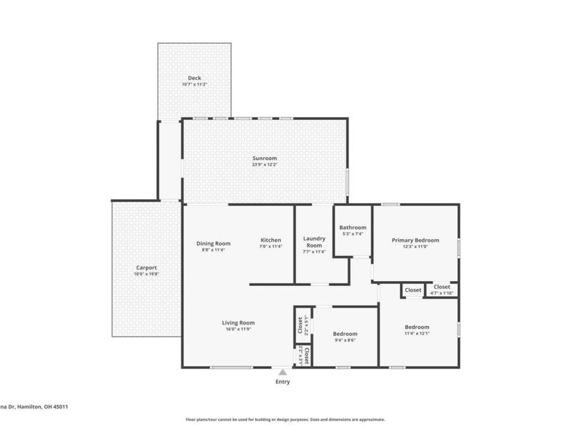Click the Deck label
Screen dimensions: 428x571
pos(194,78)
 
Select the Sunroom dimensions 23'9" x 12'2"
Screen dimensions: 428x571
pos(264,165)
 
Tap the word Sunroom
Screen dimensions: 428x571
pos(264,158)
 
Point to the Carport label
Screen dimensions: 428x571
pos(146,267)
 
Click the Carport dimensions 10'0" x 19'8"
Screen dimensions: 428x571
pos(146,275)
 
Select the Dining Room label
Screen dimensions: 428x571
pos(213,243)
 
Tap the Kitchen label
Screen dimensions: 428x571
pos(271,240)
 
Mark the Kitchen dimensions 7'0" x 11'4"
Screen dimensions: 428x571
pos(271,247)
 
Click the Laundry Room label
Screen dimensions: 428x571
pos(314,242)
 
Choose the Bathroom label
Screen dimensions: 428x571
pos(353,228)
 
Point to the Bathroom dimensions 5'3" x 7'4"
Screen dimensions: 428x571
pos(353,234)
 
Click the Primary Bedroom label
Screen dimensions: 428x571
pos(415,240)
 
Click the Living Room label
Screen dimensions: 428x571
pos(238,322)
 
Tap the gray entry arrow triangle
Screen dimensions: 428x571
pos(283,372)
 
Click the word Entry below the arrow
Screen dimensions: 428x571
pos(283,382)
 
